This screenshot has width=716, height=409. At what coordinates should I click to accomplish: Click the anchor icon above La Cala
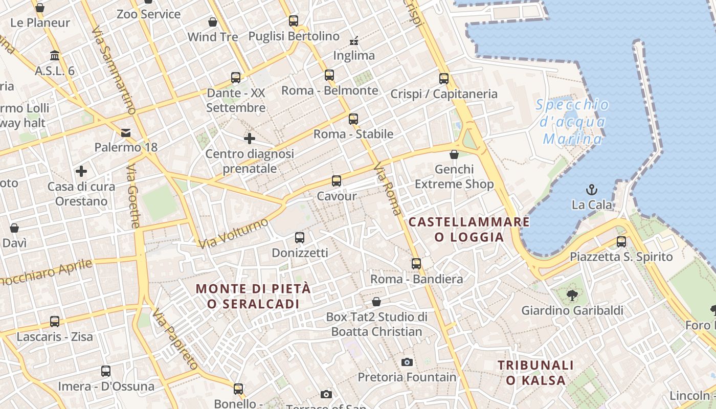pyautogui.click(x=592, y=190)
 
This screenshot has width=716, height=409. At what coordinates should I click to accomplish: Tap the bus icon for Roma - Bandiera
pyautogui.click(x=416, y=264)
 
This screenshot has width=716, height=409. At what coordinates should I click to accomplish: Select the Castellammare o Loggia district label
pyautogui.click(x=469, y=229)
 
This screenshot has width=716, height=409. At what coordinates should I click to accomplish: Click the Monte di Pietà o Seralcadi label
pyautogui.click(x=253, y=296)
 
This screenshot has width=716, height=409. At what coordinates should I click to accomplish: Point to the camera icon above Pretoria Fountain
pyautogui.click(x=407, y=362)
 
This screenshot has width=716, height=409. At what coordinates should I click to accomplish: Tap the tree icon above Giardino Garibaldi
pyautogui.click(x=572, y=295)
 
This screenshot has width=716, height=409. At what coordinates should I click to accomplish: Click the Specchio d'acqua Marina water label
pyautogui.click(x=573, y=122)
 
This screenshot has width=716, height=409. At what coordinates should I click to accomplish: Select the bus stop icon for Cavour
pyautogui.click(x=336, y=181)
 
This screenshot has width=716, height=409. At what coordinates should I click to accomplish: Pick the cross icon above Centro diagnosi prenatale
pyautogui.click(x=250, y=139)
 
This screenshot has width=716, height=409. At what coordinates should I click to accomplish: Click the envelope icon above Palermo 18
pyautogui.click(x=126, y=133)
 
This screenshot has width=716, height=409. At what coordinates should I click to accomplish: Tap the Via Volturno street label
pyautogui.click(x=233, y=234)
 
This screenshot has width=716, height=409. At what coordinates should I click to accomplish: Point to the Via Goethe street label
pyautogui.click(x=132, y=196)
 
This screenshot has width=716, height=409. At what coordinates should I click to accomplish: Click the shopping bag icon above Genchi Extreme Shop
pyautogui.click(x=454, y=154)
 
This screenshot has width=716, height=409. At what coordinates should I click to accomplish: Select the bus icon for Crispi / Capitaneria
pyautogui.click(x=443, y=79)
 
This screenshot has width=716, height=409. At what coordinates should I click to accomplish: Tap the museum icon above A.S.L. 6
pyautogui.click(x=55, y=55)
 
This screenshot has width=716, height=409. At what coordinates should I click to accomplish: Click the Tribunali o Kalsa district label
pyautogui.click(x=536, y=373)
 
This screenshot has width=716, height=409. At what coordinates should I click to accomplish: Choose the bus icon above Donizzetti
pyautogui.click(x=300, y=238)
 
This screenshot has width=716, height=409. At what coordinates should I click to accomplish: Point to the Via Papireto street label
pyautogui.click(x=175, y=339)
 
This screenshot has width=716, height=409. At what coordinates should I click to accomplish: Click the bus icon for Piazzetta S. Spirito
pyautogui.click(x=621, y=241)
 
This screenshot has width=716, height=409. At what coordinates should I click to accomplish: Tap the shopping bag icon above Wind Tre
pyautogui.click(x=213, y=22)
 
